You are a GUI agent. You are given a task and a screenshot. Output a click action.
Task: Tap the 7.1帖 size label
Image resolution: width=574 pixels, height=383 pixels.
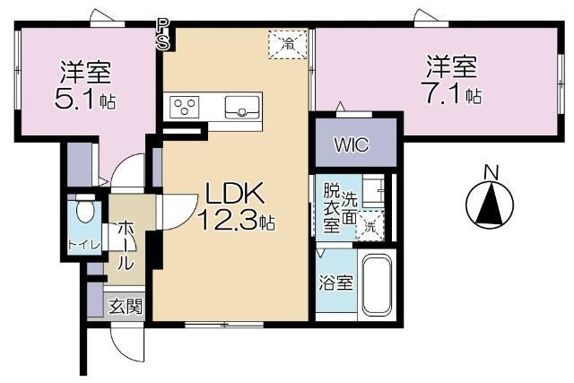[x=451, y=93]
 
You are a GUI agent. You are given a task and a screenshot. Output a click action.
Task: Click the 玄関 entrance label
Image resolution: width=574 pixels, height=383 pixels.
[x=126, y=306]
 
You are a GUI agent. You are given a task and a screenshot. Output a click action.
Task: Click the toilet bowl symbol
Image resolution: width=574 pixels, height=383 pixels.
[x=84, y=212]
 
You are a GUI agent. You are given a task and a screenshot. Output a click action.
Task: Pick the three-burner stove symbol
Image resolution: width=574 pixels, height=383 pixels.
[x=185, y=108]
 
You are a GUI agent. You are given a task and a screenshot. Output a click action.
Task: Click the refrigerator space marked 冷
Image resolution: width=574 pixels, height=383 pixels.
[x=288, y=41]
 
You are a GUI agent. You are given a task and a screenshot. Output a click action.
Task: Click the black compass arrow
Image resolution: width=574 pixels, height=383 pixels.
[x=490, y=205]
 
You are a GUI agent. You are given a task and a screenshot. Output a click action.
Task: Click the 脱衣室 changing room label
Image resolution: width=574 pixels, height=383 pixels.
[x=332, y=208]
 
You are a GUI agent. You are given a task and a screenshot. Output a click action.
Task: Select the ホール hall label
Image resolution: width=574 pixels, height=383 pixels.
[x=126, y=243]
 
